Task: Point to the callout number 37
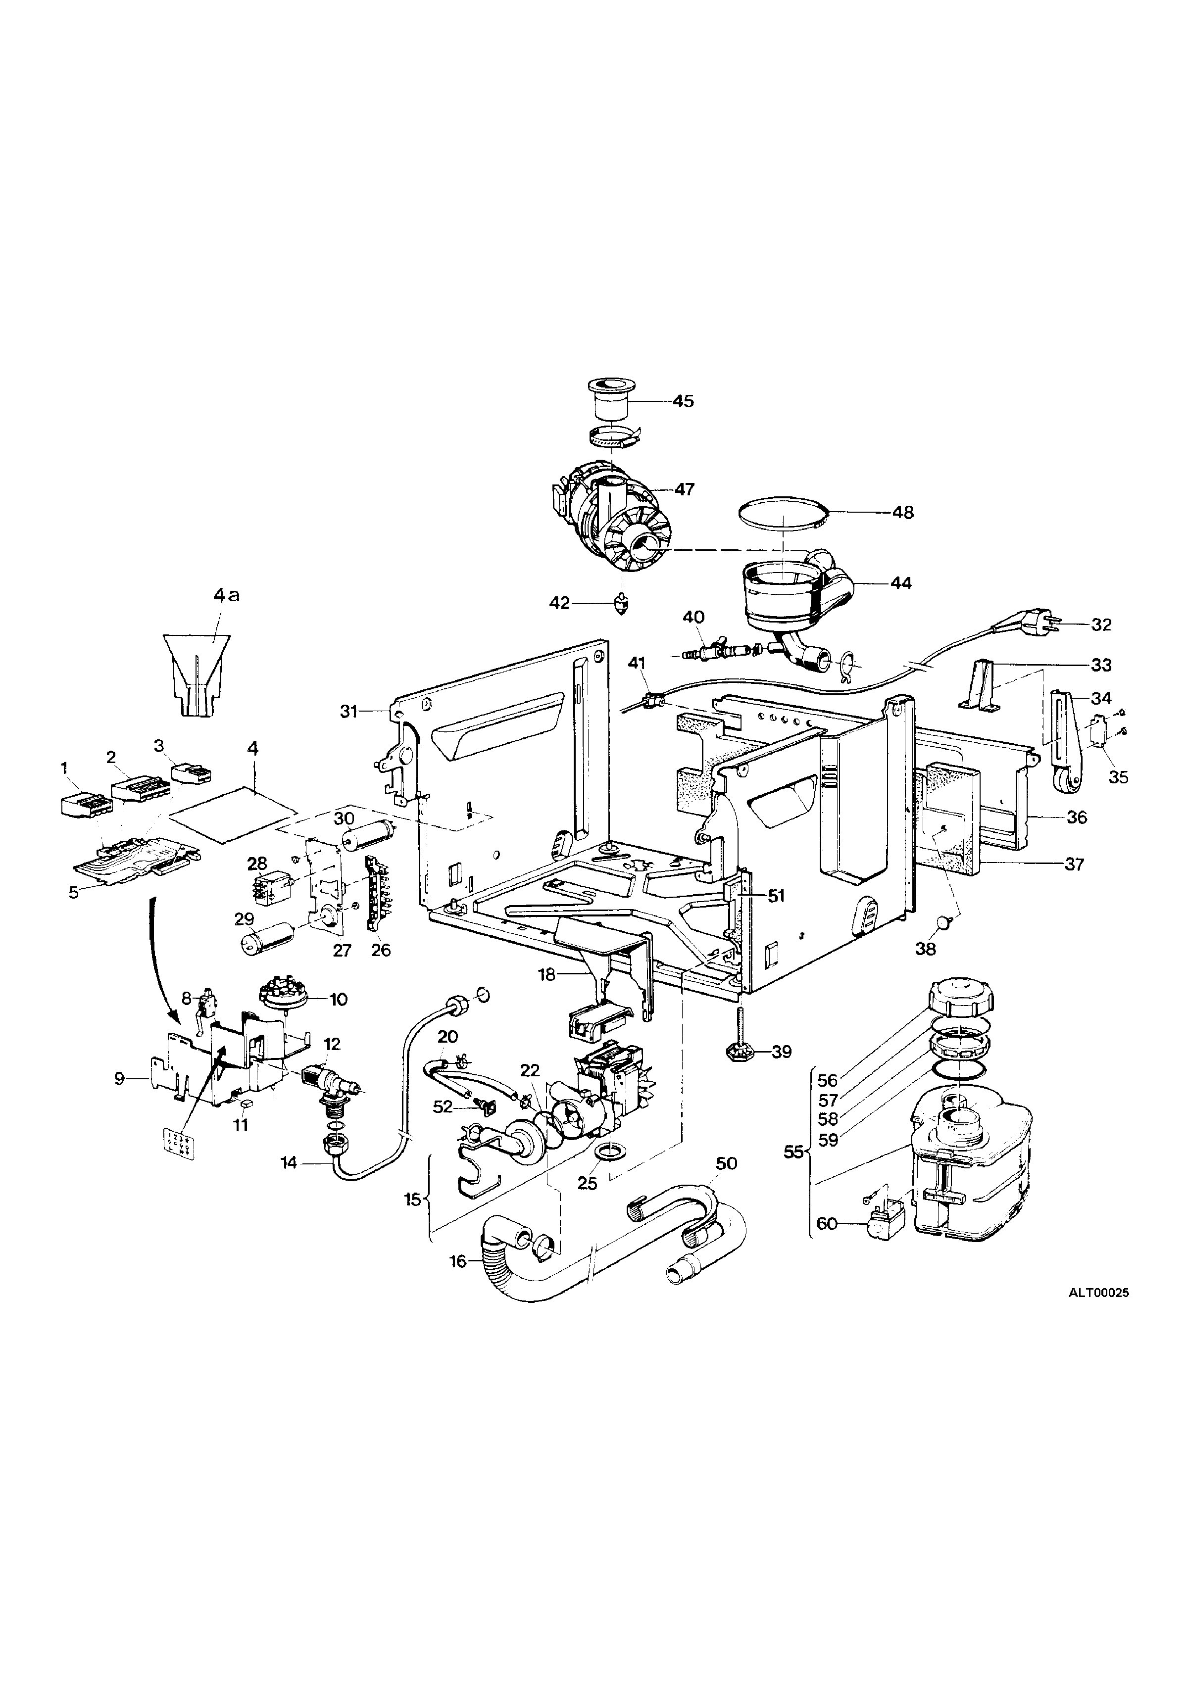click(x=1074, y=864)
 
